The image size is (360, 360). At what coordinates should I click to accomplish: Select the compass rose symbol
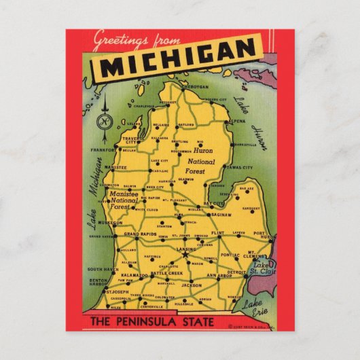pos(105,121)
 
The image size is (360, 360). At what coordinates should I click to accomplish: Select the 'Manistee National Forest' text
pos(124,201)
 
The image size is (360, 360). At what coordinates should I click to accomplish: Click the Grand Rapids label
pos(140,234)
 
